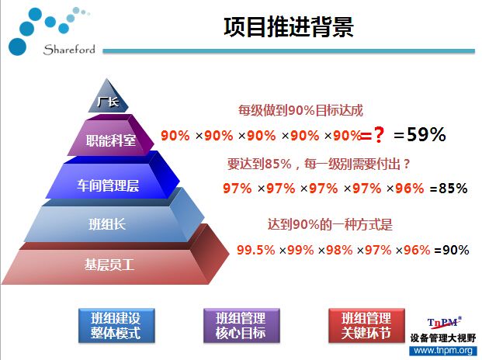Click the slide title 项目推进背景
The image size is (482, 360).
pos(288,27)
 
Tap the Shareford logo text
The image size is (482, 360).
pos(69,50)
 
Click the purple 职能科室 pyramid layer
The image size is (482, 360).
pos(111,137)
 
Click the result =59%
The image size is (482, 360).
pos(420,134)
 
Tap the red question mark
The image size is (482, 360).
pos(379,135)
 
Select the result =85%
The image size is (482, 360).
pos(449,189)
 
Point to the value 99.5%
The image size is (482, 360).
pos(256,250)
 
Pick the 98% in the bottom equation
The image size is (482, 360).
pos(339,250)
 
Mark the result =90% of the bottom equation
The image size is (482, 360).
pos(452,250)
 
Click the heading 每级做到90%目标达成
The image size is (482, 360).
pos(300,110)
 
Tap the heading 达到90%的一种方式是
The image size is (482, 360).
pos(330,224)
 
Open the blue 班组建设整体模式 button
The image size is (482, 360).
pos(116,326)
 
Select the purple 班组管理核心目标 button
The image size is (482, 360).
pos(241,326)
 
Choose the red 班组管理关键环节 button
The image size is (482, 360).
pos(366,326)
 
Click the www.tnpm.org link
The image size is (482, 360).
pos(443,351)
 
